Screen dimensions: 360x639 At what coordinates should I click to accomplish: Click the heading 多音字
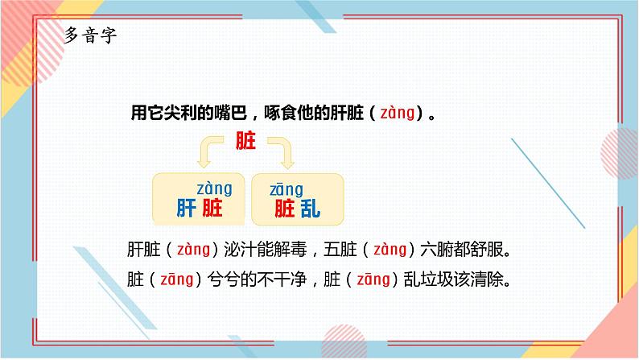90,37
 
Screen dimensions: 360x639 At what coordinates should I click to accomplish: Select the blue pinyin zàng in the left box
214,188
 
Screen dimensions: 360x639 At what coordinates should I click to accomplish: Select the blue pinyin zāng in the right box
287,189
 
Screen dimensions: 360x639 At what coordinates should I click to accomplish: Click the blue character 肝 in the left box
187,210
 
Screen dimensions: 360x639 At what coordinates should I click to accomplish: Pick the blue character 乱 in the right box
310,210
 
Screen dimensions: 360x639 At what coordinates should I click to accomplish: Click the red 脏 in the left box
212,210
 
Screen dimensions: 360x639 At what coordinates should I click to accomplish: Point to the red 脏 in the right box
285,210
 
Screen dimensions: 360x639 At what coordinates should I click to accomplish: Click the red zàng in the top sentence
398,113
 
